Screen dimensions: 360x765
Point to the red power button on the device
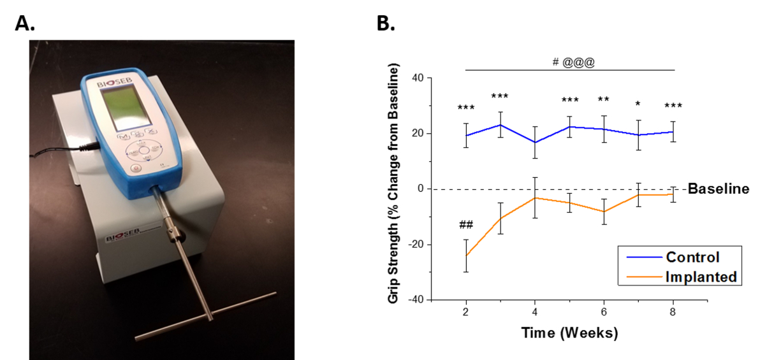(x=135, y=169)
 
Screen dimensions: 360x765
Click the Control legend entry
(x=692, y=257)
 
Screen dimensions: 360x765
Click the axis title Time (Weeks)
(x=569, y=333)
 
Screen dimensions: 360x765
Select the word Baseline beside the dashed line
(x=718, y=189)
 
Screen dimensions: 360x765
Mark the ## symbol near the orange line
(x=466, y=225)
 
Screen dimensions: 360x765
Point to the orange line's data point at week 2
(x=467, y=256)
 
